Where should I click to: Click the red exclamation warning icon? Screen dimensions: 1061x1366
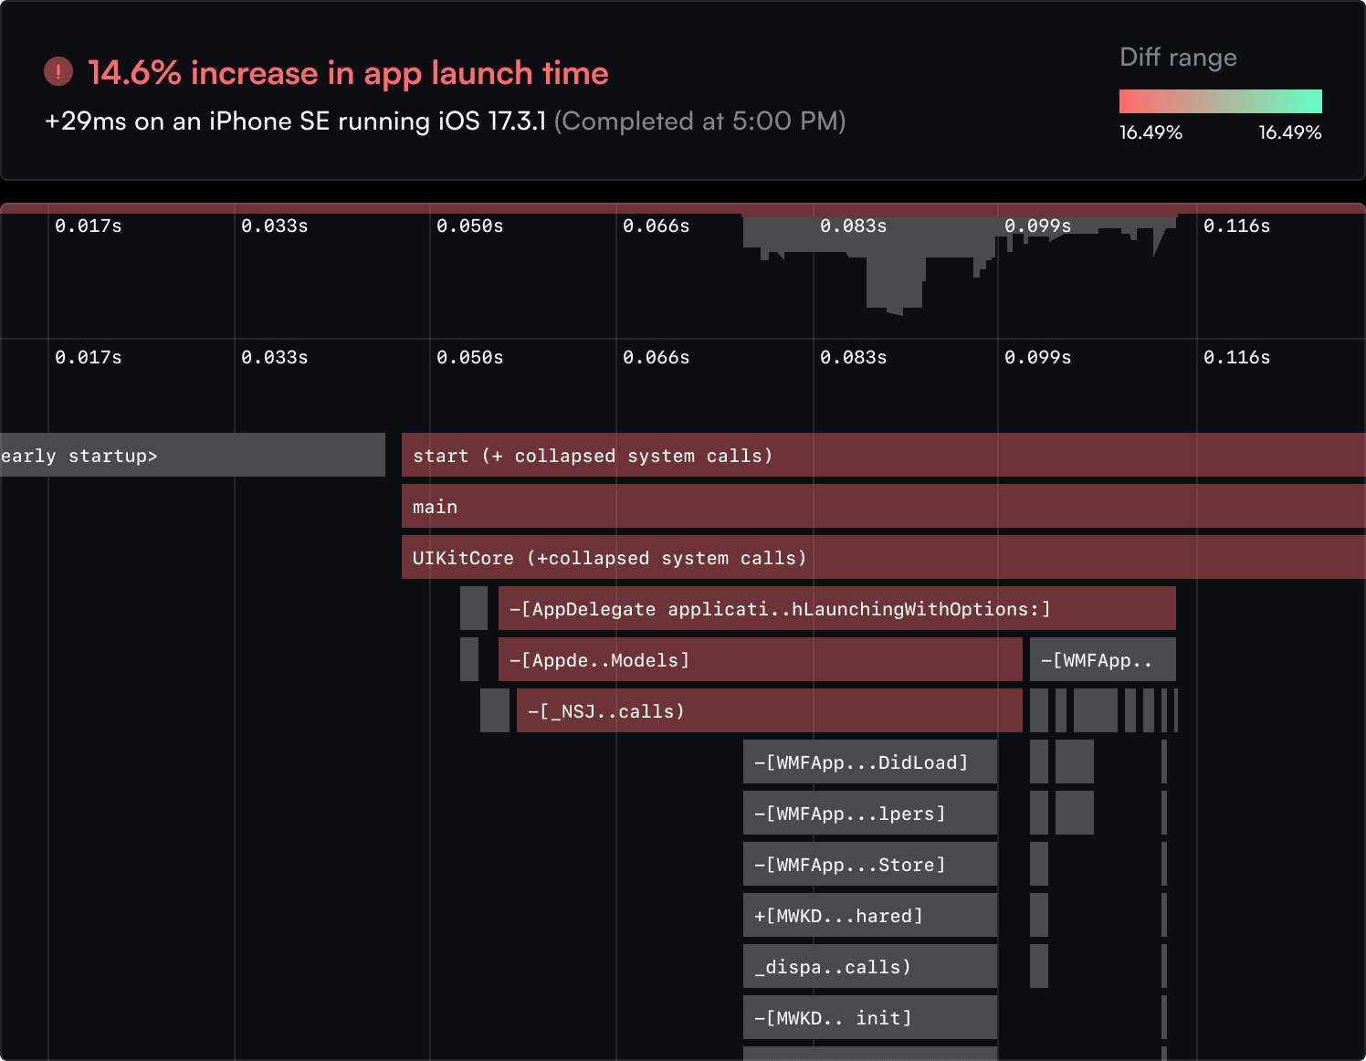[x=58, y=72]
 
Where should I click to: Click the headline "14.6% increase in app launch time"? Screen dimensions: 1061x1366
[x=348, y=73]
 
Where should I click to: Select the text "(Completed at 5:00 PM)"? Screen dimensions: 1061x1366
[x=699, y=121]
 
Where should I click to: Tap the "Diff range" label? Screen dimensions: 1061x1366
[x=1178, y=58]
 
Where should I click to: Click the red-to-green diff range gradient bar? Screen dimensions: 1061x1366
[x=1220, y=101]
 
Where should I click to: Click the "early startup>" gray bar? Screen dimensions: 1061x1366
[x=192, y=455]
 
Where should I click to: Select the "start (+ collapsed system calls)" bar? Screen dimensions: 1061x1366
[x=882, y=455]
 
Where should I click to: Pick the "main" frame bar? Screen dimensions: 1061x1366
[x=882, y=506]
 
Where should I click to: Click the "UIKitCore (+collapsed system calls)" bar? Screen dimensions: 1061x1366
[x=882, y=557]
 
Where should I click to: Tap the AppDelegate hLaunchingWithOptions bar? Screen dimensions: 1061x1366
[x=836, y=608]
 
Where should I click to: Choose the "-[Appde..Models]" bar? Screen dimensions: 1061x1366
[x=760, y=659]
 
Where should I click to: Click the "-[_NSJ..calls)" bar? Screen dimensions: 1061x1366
[x=769, y=710]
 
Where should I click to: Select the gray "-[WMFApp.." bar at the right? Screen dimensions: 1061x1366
[x=1102, y=659]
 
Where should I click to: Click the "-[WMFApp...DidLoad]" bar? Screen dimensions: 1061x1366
[x=869, y=762]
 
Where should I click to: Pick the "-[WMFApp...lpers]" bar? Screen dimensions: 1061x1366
[x=869, y=813]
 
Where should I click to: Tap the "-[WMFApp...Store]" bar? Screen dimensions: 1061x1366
[x=869, y=864]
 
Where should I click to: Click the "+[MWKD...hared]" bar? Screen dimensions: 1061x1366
[x=869, y=915]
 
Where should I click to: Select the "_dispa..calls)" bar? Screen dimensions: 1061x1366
[x=869, y=966]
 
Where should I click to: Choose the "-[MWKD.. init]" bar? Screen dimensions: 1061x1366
[x=869, y=1017]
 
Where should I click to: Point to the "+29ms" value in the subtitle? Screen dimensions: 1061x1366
[x=85, y=121]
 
